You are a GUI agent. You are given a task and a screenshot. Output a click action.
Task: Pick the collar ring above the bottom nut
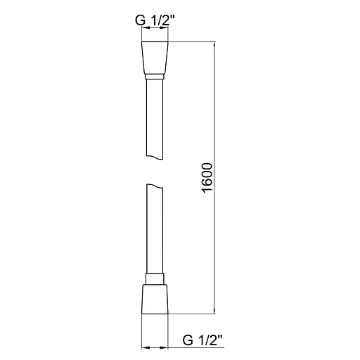155,278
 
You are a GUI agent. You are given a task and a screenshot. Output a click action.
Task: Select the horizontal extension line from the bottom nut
190,313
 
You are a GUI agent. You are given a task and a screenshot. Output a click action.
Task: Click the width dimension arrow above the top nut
155,30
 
